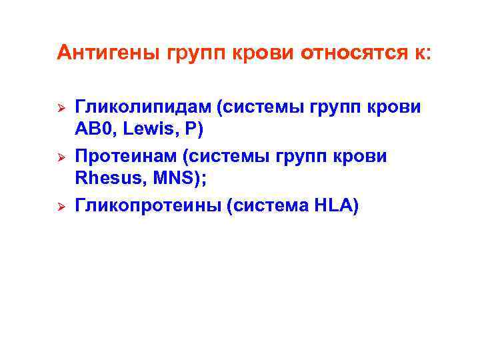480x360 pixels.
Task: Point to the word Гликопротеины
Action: click(146, 207)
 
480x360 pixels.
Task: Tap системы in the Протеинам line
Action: click(228, 157)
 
